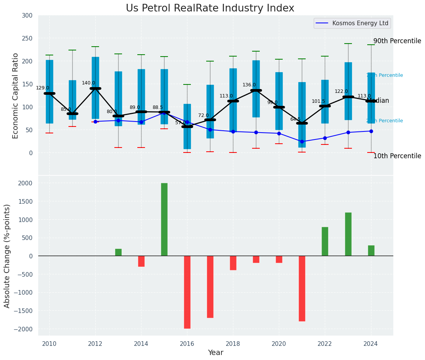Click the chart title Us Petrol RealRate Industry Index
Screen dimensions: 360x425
[210, 8]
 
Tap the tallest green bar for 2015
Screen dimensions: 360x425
[164, 219]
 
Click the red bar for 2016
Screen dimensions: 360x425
[187, 292]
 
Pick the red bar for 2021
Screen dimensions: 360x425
[302, 289]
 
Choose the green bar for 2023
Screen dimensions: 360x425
[348, 234]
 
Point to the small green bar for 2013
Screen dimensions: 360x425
[118, 252]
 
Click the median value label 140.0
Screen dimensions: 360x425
[88, 83]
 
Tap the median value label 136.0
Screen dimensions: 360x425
[249, 85]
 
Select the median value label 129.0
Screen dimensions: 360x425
[42, 88]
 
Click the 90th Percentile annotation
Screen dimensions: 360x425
[397, 41]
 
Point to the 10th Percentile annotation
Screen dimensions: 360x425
[397, 156]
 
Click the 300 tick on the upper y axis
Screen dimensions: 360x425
[30, 15]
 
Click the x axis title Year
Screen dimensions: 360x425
[215, 353]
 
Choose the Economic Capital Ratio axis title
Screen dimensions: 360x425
[16, 96]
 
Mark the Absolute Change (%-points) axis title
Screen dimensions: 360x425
[7, 256]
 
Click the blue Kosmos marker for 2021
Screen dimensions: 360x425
[302, 141]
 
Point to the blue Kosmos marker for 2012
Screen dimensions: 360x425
[95, 122]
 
